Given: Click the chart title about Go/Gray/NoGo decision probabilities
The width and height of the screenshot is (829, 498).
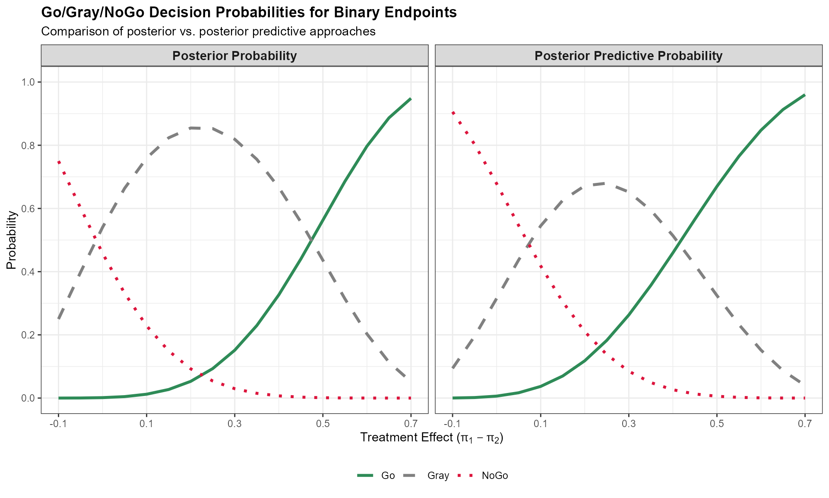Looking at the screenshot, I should (249, 13).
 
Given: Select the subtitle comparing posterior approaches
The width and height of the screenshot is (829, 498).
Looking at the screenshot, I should (208, 32).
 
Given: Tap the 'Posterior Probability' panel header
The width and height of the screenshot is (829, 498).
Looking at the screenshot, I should (234, 56).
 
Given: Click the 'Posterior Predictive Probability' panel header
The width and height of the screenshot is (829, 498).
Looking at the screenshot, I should (628, 56).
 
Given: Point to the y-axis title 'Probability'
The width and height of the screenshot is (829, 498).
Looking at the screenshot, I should (12, 240).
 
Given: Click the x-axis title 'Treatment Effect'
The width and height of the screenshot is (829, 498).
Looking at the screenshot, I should (432, 437).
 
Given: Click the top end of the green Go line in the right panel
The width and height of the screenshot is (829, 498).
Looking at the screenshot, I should (804, 95).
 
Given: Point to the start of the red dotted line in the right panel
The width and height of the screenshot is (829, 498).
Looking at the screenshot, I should (452, 112).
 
